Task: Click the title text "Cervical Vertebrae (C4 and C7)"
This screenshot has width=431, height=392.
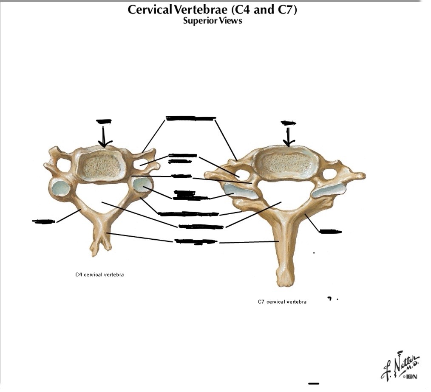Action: tap(212, 10)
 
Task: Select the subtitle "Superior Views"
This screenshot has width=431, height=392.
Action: tap(212, 21)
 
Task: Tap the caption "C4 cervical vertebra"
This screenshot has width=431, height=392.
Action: tap(99, 274)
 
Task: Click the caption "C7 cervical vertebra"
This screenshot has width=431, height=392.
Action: tap(282, 302)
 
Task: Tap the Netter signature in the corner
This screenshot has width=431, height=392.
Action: tap(400, 365)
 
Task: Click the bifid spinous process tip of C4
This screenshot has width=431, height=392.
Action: tap(99, 248)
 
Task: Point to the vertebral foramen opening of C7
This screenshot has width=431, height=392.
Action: tap(283, 193)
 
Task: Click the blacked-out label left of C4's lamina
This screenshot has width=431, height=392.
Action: tap(44, 221)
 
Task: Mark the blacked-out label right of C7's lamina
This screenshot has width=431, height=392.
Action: tap(330, 231)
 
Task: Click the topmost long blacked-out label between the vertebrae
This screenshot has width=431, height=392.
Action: tap(190, 118)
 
